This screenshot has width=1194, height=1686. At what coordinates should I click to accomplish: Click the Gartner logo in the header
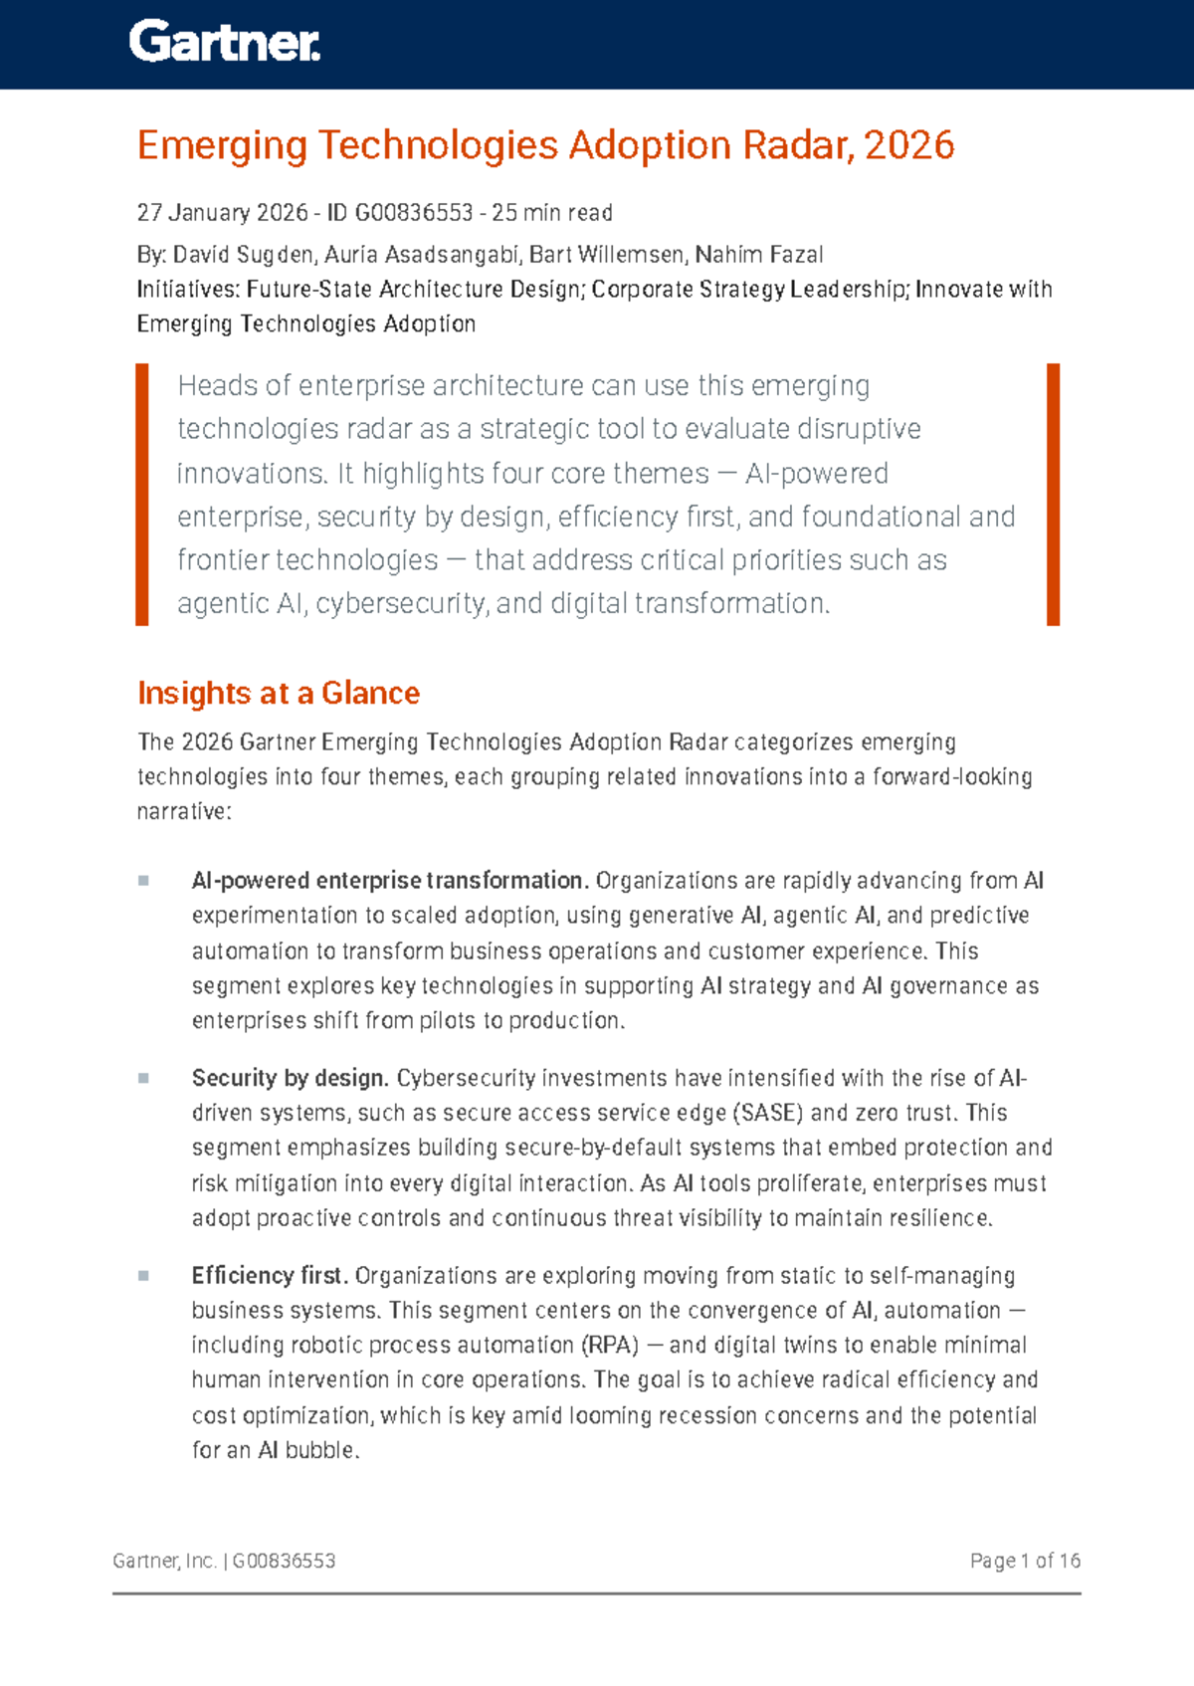[224, 43]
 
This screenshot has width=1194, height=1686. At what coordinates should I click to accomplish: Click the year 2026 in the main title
[909, 145]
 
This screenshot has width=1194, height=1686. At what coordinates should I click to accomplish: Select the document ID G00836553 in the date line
[413, 213]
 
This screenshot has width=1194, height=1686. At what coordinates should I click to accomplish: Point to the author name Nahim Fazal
[759, 255]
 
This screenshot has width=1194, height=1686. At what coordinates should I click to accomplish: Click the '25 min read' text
[552, 213]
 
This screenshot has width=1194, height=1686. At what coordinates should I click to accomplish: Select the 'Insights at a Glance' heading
[279, 693]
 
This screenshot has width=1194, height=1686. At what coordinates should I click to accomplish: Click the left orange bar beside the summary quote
[142, 495]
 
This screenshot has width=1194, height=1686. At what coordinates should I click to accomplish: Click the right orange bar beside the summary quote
[1053, 495]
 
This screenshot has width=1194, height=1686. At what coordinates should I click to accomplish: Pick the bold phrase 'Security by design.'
[290, 1078]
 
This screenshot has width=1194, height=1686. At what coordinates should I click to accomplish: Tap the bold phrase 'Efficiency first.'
[270, 1275]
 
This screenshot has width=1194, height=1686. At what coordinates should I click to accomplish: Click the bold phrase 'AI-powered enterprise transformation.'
[390, 881]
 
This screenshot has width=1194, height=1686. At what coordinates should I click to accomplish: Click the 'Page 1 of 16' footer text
[1025, 1561]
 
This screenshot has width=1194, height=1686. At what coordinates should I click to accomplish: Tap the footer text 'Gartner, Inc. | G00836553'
[224, 1561]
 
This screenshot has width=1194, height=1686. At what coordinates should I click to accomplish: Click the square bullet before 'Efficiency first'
[143, 1275]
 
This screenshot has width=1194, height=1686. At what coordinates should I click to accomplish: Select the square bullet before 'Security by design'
[143, 1078]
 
